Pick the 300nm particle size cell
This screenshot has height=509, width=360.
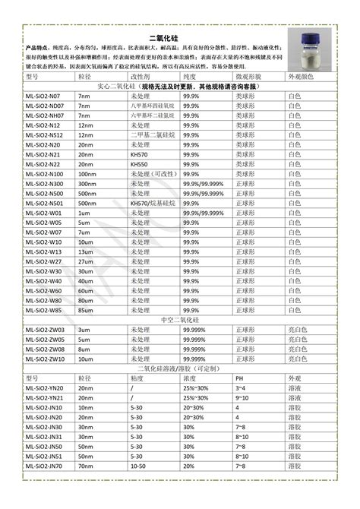87,184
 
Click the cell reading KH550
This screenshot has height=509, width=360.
138,164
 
